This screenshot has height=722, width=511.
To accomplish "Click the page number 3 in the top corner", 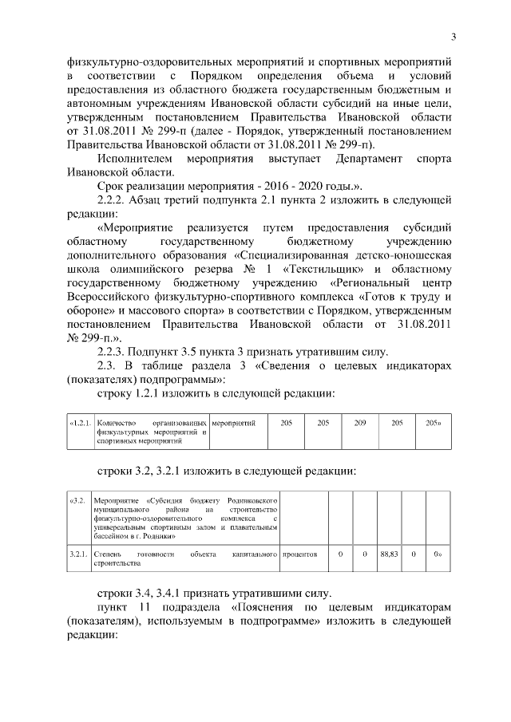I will (454, 36).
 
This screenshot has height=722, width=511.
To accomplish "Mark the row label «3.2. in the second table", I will (77, 501).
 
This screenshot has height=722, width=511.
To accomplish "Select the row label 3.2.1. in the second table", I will (78, 553).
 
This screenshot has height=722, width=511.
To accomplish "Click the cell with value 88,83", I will (388, 553).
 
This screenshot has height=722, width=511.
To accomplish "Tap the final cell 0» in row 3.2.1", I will (438, 553).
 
